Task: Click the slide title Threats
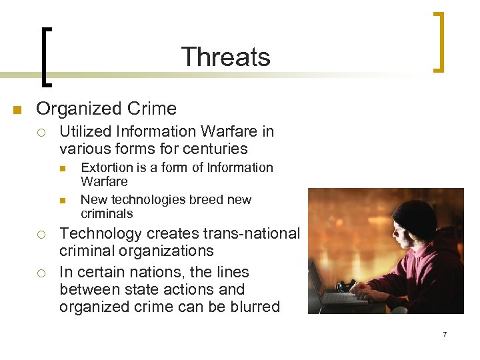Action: [225, 57]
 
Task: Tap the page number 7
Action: [445, 334]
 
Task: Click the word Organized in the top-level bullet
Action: [77, 109]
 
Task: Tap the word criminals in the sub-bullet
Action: [107, 213]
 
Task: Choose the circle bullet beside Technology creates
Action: [41, 234]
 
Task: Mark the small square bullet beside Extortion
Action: [63, 168]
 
